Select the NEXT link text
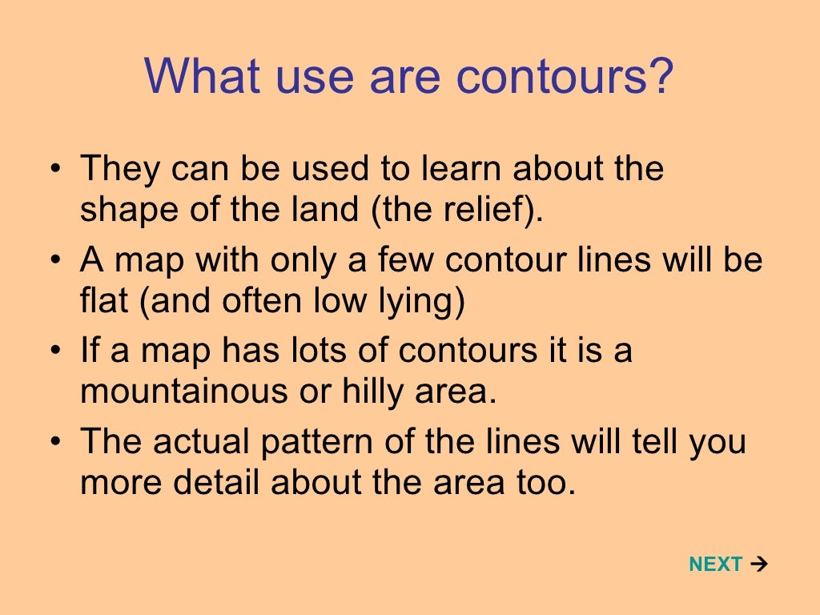click(x=715, y=565)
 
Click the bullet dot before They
click(x=54, y=171)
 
